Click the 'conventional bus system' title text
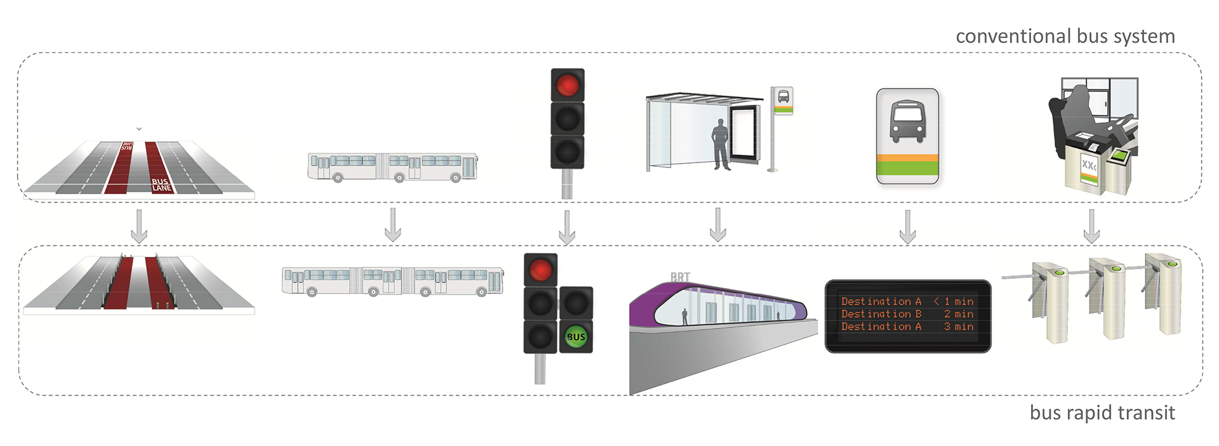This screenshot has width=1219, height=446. (1065, 36)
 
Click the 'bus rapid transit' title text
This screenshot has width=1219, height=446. (1102, 412)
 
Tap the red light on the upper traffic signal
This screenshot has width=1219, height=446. (567, 85)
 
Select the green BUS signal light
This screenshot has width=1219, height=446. (576, 337)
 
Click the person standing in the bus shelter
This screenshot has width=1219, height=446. (721, 144)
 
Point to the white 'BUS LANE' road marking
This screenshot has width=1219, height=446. (161, 185)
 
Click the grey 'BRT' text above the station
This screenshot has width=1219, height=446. (680, 277)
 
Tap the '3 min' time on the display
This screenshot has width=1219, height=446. (959, 327)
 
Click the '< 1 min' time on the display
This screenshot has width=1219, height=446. (954, 301)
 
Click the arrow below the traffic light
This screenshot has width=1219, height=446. (567, 227)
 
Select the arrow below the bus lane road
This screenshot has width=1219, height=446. (139, 226)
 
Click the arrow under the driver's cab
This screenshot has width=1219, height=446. (1091, 226)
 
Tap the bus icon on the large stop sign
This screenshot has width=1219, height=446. (907, 121)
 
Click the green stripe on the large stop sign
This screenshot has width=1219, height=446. (907, 168)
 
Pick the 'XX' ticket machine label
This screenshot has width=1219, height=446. (1088, 166)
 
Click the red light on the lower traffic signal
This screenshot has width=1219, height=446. (540, 270)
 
